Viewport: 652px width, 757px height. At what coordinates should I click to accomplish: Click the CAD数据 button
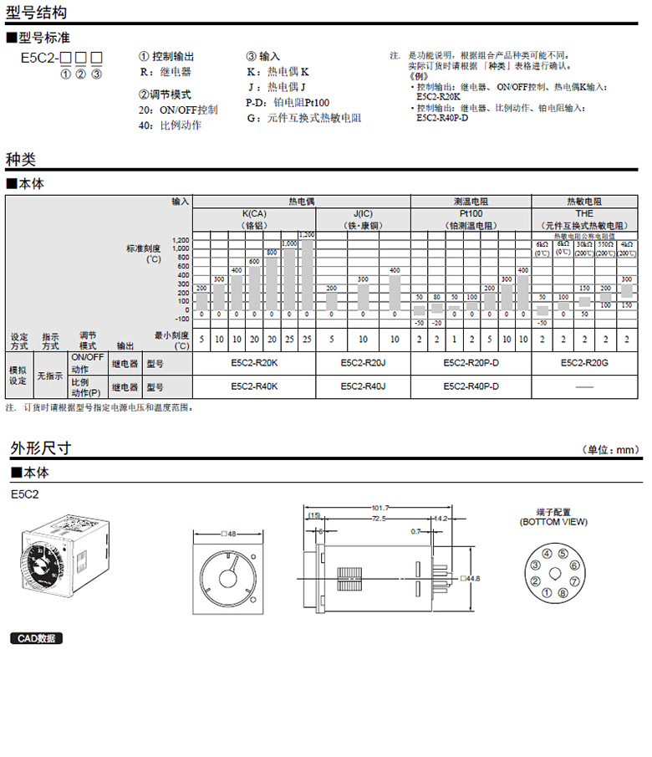point(38,638)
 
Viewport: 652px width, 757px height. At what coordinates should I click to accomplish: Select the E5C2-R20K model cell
point(254,364)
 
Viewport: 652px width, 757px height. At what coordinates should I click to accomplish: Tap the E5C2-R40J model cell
point(363,386)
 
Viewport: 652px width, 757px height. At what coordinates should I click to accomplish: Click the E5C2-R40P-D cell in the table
point(471,386)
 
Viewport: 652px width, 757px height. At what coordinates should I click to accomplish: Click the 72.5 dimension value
point(379,519)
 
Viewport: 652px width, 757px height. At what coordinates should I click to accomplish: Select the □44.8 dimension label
point(471,578)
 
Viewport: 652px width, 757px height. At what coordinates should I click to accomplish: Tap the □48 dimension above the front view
point(227,534)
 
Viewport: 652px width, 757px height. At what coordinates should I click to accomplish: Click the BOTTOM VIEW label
point(553,522)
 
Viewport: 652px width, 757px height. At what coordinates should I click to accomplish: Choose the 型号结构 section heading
point(38,13)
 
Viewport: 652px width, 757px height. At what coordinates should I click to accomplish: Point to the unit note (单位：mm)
point(614,450)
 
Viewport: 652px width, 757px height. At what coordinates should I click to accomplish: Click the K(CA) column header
point(254,214)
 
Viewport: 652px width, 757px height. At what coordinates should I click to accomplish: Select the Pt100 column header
point(471,214)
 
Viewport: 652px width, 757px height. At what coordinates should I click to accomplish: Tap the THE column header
point(584,214)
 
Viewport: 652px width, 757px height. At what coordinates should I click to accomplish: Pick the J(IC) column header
point(363,214)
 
